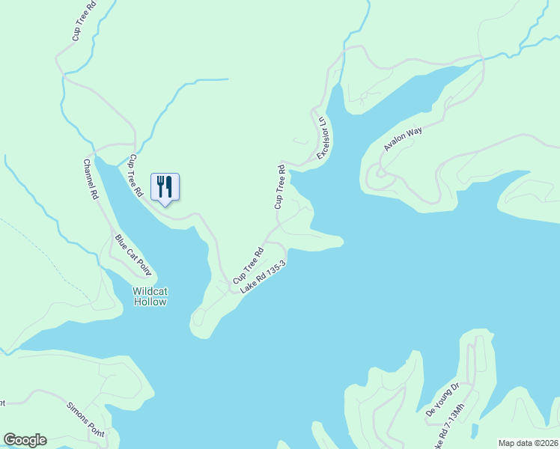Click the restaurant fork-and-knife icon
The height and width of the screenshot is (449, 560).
point(165,186)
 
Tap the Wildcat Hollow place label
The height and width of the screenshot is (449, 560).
point(150,296)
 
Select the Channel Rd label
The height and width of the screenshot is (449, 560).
point(91,179)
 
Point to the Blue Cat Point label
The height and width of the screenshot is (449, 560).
point(133,254)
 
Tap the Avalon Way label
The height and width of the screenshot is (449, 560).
point(404,139)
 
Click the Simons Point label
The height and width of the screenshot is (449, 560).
point(86,421)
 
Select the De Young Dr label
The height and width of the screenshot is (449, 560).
point(441,400)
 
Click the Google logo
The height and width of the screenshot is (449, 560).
point(25,440)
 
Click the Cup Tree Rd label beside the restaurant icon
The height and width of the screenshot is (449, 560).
point(136,175)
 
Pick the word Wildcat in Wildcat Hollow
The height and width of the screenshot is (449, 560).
point(150,291)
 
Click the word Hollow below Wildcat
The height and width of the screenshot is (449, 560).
point(150,302)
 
